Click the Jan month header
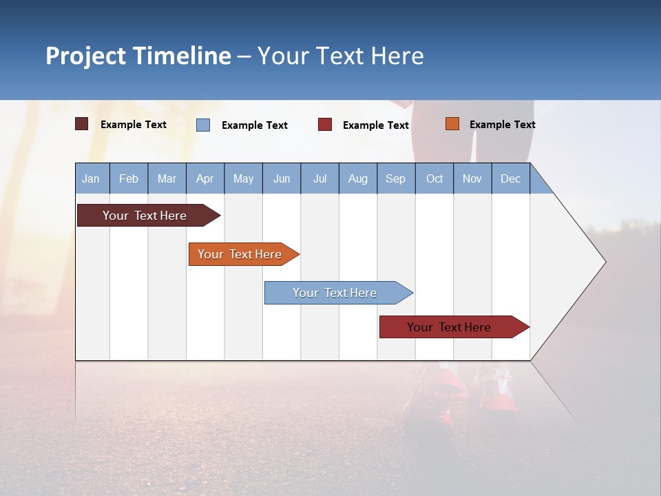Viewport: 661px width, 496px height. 92,178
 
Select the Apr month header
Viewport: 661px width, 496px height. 205,178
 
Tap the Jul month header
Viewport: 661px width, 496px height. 319,178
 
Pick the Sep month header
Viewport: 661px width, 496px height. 396,178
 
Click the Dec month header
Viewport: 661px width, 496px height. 510,178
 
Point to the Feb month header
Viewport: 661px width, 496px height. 129,178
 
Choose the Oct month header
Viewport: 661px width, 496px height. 434,178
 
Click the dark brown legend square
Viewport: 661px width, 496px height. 82,124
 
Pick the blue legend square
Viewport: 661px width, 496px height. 203,125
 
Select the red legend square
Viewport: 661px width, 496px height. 325,125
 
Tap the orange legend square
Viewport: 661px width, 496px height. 452,124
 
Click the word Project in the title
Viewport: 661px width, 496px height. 85,56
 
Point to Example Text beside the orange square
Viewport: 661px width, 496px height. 502,125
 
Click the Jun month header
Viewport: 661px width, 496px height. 282,178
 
